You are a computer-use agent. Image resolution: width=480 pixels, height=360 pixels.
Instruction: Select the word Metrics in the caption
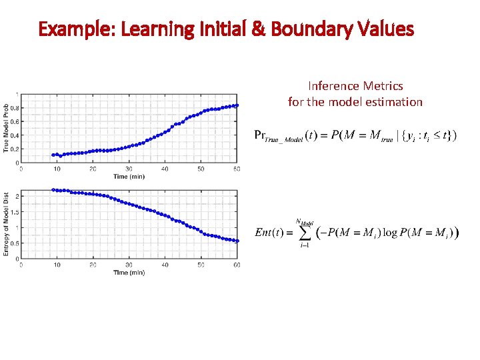[x=383, y=85]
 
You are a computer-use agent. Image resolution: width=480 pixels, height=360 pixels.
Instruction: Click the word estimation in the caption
[x=393, y=102]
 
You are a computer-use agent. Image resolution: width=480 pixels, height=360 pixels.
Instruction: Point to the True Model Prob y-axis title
[x=7, y=127]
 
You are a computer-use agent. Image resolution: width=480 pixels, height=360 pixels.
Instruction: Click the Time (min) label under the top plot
[x=129, y=177]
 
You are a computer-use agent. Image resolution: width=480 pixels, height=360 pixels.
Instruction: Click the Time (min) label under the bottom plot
[x=129, y=273]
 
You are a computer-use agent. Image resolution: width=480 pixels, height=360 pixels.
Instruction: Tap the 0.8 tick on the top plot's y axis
[x=14, y=107]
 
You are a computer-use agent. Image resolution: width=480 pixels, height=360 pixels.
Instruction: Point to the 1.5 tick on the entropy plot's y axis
[x=14, y=212]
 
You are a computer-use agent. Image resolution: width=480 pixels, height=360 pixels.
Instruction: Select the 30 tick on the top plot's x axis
[x=129, y=169]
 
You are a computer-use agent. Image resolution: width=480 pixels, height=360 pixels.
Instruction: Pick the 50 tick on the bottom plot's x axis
[x=201, y=265]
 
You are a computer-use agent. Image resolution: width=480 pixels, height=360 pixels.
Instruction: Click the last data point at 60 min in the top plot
[x=237, y=105]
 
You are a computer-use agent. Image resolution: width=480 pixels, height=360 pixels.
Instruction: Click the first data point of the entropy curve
[x=53, y=190]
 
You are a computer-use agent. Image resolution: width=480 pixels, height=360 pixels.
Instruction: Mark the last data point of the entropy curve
[x=237, y=241]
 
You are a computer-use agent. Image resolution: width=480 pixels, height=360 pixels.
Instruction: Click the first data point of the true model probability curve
[x=53, y=155]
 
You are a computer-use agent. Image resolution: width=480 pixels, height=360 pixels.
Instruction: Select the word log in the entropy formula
[x=391, y=233]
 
